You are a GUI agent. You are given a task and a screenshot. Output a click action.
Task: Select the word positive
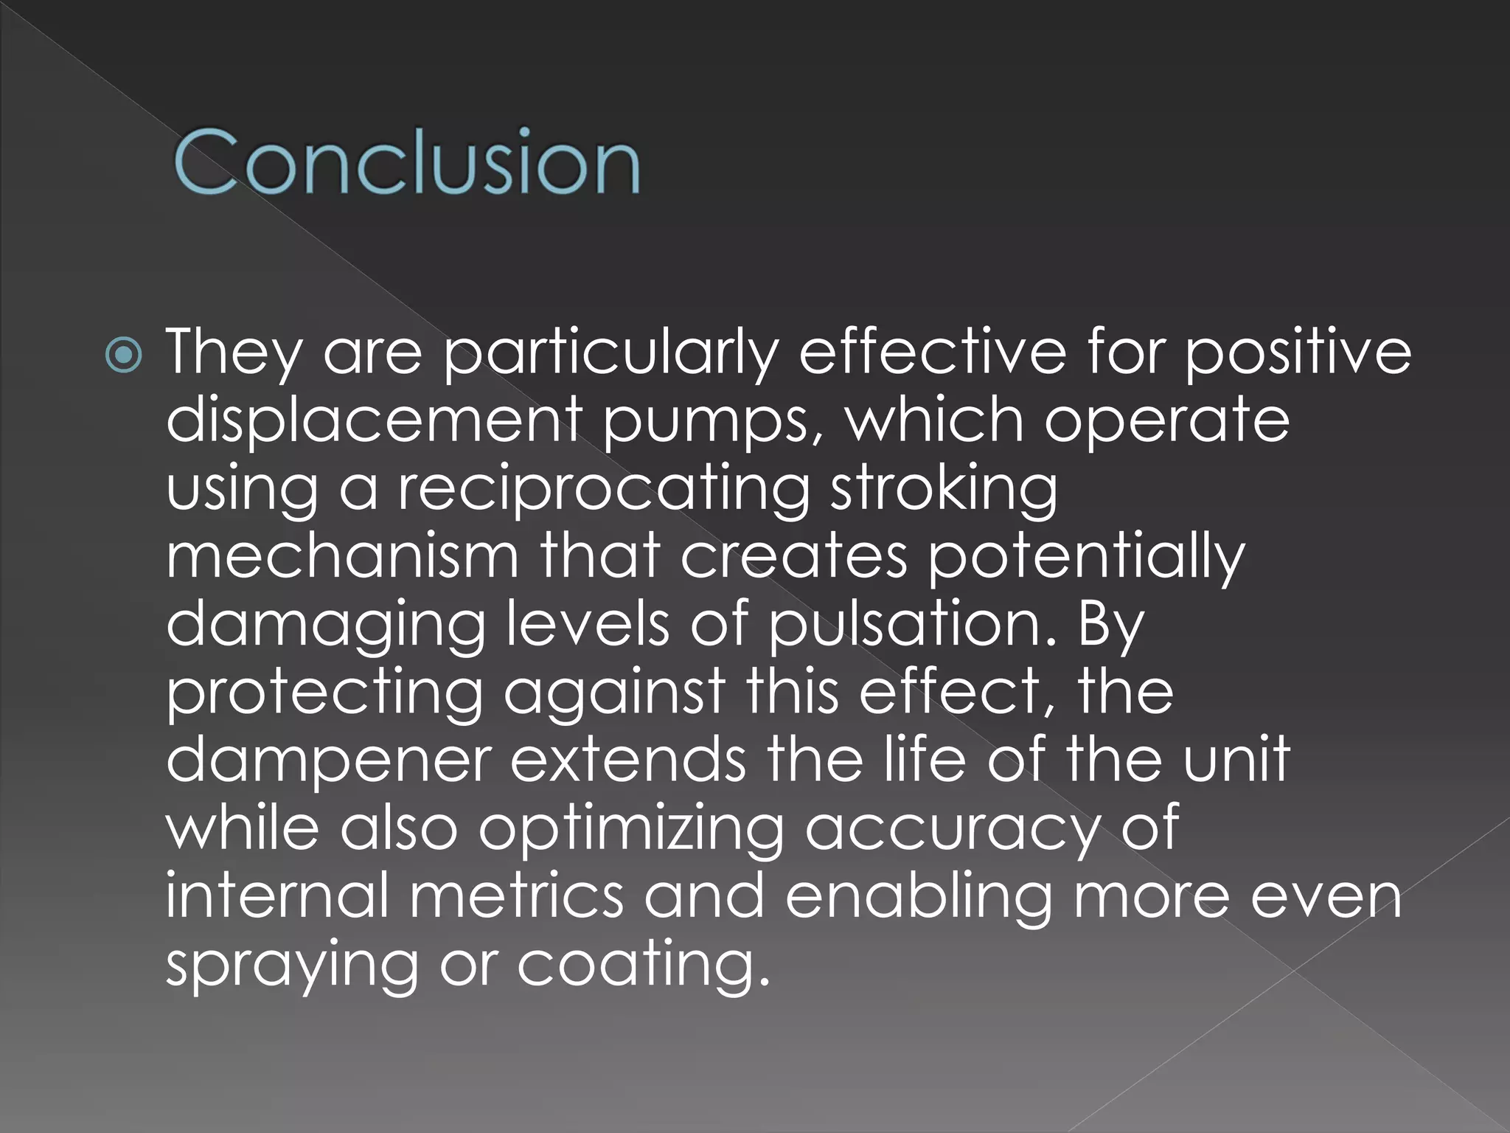[1297, 353]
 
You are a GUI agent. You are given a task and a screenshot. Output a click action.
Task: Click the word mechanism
[342, 556]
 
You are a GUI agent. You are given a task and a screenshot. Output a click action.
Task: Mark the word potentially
[1085, 558]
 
